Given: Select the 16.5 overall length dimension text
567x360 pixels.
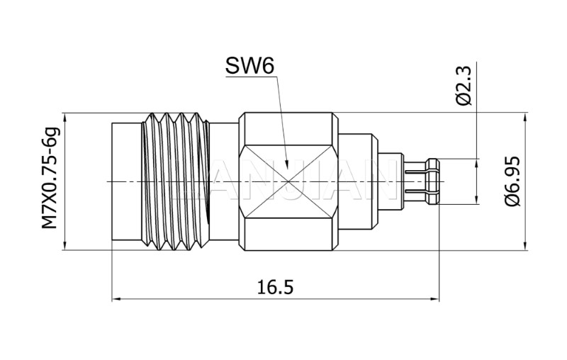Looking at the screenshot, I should pos(275,287).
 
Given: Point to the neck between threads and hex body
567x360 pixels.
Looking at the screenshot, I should pos(223,181).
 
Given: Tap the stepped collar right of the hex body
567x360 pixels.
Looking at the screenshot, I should pos(358,181).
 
